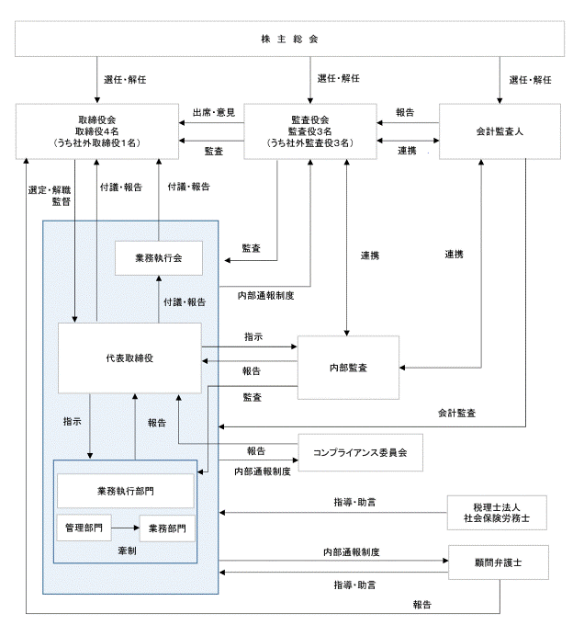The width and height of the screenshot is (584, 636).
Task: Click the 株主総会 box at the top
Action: (x=289, y=39)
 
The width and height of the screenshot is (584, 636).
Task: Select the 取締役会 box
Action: (x=96, y=131)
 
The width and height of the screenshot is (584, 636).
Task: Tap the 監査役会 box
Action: (x=310, y=131)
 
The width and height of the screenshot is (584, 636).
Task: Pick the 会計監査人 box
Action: (x=500, y=131)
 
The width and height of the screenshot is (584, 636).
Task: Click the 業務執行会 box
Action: (x=159, y=258)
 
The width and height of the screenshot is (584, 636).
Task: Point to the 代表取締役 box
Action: (x=129, y=358)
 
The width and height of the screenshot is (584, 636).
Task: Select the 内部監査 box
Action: (x=348, y=368)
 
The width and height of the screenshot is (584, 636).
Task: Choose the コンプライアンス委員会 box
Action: (x=360, y=452)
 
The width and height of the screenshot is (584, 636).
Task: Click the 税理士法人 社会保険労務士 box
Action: (x=497, y=513)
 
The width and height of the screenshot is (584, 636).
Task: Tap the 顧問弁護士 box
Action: (x=498, y=562)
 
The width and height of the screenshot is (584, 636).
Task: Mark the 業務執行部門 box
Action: (x=126, y=491)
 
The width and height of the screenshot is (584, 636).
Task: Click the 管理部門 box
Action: (x=84, y=528)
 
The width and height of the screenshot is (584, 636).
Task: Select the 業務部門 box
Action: (x=167, y=528)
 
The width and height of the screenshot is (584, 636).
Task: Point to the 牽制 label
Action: (x=127, y=551)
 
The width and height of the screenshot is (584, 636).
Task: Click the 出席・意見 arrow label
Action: (x=214, y=112)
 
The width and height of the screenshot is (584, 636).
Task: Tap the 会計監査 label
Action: (x=456, y=413)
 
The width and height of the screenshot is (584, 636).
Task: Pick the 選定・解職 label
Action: (x=50, y=190)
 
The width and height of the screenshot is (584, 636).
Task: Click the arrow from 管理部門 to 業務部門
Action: (x=126, y=528)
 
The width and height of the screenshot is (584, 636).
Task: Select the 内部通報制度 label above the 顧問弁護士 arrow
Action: (x=352, y=551)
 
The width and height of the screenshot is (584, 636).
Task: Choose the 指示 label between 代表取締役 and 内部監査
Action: (x=253, y=336)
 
